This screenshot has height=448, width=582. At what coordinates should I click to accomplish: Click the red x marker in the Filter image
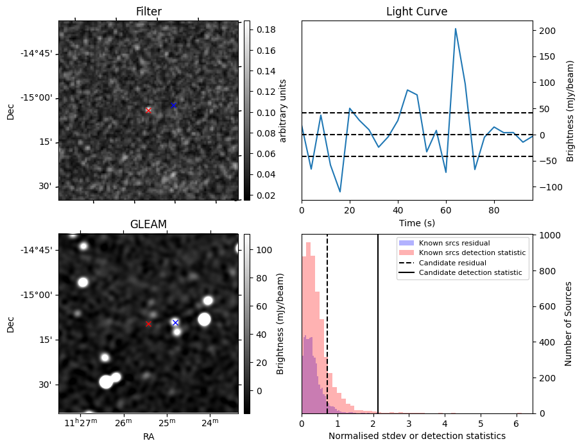pyautogui.click(x=148, y=110)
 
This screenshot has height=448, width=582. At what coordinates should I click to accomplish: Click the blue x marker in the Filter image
pyautogui.click(x=173, y=105)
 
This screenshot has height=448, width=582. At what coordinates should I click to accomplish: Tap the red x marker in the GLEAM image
pyautogui.click(x=148, y=324)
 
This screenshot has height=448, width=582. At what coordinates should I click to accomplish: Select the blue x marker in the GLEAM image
pyautogui.click(x=175, y=322)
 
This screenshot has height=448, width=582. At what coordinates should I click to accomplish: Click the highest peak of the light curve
pyautogui.click(x=456, y=29)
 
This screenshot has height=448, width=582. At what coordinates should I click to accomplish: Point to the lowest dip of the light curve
pyautogui.click(x=340, y=192)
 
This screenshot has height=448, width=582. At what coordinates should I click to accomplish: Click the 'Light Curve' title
pyautogui.click(x=416, y=12)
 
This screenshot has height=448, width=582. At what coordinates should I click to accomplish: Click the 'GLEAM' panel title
pyautogui.click(x=148, y=224)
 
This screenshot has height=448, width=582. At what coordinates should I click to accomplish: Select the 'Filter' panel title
pyautogui.click(x=148, y=12)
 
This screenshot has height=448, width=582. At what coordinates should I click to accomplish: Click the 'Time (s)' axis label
pyautogui.click(x=416, y=221)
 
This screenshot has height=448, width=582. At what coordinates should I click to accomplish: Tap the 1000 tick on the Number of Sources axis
pyautogui.click(x=552, y=235)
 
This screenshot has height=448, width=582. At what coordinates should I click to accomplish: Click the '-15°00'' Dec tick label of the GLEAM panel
pyautogui.click(x=39, y=295)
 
